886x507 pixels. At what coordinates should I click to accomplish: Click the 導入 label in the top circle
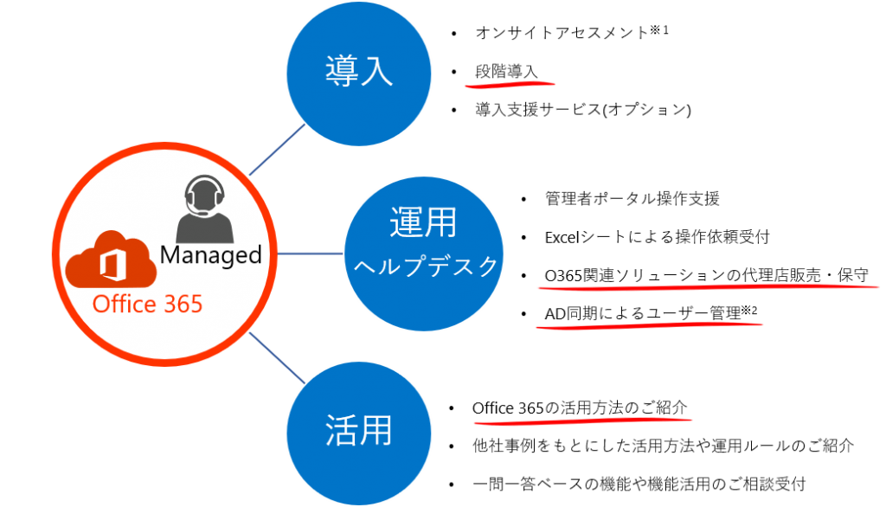click(359, 72)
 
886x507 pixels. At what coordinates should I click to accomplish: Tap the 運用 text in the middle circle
click(423, 224)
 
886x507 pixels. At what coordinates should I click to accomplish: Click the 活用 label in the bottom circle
click(359, 430)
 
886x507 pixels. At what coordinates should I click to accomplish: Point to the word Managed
click(210, 254)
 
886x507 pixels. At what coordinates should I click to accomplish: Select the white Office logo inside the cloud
click(110, 265)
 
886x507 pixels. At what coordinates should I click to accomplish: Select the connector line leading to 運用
click(310, 253)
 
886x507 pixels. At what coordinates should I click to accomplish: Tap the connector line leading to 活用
click(277, 356)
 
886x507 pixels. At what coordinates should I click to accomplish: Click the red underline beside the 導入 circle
click(510, 85)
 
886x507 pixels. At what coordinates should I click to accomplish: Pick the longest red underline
click(707, 285)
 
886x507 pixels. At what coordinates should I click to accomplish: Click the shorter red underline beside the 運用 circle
click(649, 325)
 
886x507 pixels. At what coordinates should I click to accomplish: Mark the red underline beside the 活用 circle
click(582, 421)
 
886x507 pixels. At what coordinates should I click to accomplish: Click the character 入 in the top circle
click(376, 72)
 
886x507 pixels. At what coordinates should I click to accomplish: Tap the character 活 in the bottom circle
click(342, 430)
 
